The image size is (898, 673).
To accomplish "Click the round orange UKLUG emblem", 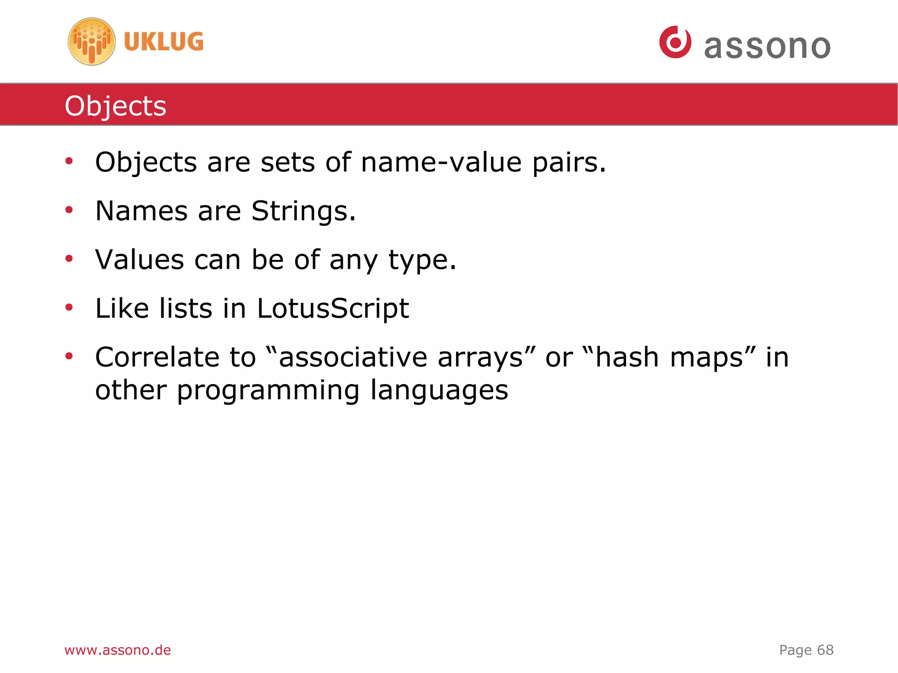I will point(92,42).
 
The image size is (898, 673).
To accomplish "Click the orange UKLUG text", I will point(164,42).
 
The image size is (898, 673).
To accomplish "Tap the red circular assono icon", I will point(675,42).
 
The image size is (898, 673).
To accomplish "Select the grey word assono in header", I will point(767,46).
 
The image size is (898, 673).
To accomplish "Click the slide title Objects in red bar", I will point(115,106).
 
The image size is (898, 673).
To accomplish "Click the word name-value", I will point(441,162).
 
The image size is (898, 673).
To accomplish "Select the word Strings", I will point(303,211).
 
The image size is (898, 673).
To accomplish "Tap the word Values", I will point(139,260).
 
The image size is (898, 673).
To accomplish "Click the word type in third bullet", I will point(422,260).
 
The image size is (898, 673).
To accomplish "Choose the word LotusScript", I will point(333,309).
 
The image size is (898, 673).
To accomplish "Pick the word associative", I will point(353,357).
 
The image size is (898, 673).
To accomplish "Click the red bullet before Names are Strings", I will point(69,210).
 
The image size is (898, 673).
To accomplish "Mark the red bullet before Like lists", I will point(69,307).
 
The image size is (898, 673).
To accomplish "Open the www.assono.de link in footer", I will point(118,650).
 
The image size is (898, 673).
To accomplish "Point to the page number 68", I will point(825,650).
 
